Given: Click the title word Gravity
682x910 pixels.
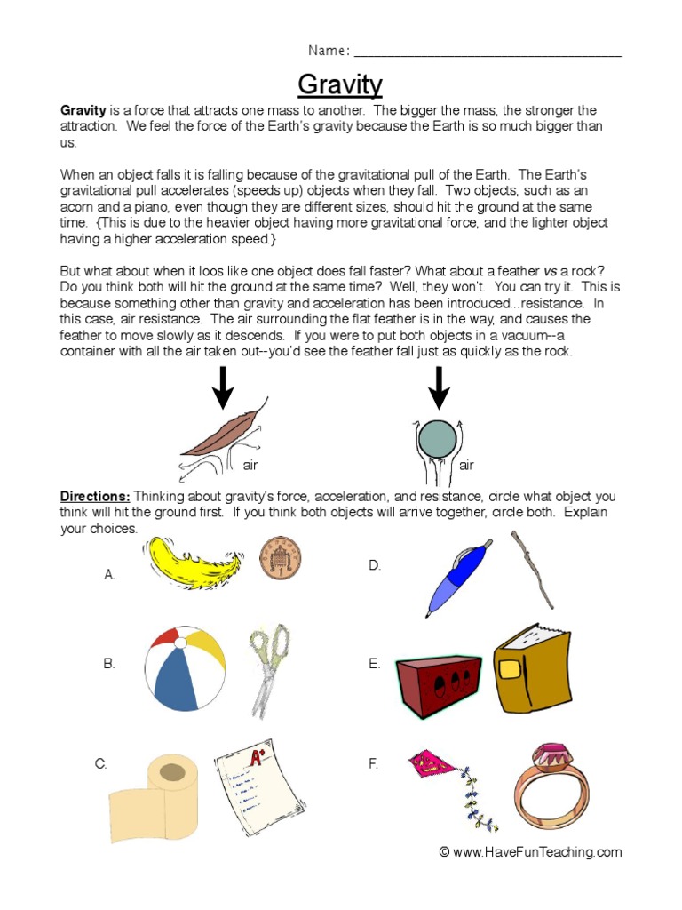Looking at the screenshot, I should pos(340,84).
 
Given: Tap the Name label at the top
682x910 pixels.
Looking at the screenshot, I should pos(328,50).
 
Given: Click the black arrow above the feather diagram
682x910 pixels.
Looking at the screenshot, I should pos(223,387).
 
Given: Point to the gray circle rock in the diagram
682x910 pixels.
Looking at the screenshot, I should pos(437,439).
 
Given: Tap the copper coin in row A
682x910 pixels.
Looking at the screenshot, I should pos(280,557).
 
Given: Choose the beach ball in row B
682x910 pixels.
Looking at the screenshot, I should pos(185,668).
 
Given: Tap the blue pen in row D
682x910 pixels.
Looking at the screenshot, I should pos(458,577).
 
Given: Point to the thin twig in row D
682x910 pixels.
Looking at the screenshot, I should pos(532,570).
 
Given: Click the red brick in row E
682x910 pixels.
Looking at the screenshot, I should pos(438,685).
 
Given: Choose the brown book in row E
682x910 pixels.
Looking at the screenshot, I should pos(532,668).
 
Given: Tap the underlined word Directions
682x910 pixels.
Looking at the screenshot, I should pos(95,497).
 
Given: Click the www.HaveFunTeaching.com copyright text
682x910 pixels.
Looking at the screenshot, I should pos(530,852).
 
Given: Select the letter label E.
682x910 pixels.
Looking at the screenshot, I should pos(374,664).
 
